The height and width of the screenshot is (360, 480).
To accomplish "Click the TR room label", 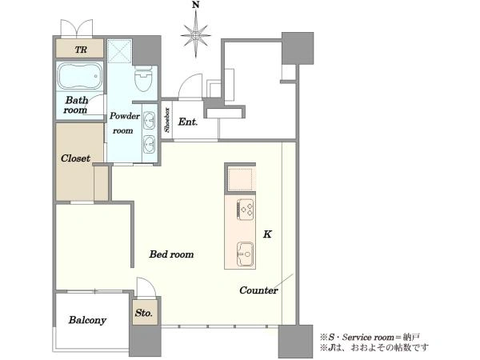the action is pos(81,50).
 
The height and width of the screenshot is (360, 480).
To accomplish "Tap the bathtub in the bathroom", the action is pos(79,76).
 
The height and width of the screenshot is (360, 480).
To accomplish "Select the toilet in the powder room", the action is pos(143,78).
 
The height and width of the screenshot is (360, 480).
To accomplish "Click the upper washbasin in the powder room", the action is pos(150,120).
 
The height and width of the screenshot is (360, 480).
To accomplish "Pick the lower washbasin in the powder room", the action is pos(150,144).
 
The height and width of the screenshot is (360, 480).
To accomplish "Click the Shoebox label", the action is pos(167,120).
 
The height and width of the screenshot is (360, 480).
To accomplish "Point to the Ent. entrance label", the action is pos(188,122).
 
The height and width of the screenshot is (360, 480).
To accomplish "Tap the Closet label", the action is pos(75,158).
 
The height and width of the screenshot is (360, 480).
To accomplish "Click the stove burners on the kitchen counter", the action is pos(246,210).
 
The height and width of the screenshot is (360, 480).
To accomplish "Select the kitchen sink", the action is pos(246,254).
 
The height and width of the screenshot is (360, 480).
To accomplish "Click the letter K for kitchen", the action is pos(267,234).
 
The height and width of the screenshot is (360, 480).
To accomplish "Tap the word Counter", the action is pos(258,290).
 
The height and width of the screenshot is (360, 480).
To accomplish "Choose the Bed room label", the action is pos(171,254).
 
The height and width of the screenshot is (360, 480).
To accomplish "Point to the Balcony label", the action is pos(87,320).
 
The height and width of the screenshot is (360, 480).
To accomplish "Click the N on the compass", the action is pos(196,5).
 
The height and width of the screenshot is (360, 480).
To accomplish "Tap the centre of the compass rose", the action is pos(196,35).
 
